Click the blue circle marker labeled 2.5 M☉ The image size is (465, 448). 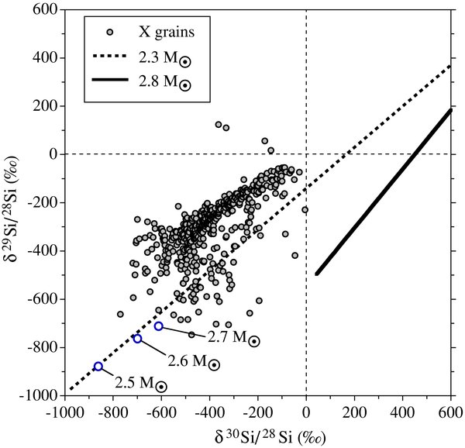98,367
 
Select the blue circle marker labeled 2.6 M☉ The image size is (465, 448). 137,339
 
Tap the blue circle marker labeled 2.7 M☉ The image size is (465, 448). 159,326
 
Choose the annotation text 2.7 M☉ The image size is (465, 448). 232,339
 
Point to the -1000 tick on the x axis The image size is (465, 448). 65,409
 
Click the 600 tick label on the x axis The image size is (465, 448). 450,409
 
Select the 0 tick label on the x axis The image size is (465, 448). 306,409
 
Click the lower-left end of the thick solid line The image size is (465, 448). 317,273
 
